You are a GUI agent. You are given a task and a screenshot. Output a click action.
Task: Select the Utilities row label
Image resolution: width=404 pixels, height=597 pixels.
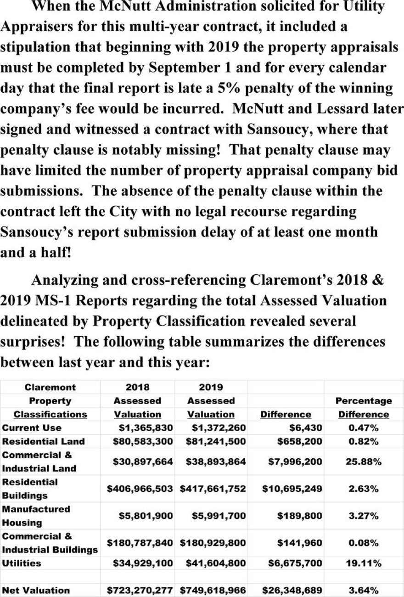[22, 563]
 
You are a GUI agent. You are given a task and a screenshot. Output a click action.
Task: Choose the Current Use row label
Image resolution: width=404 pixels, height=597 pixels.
[32, 428]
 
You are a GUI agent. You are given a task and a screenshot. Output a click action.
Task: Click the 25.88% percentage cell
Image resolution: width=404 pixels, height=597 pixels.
[364, 462]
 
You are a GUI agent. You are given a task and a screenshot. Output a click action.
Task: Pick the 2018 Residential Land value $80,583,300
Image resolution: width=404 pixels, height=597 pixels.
[143, 441]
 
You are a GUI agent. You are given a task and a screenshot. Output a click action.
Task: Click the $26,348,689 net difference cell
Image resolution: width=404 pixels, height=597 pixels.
[292, 590]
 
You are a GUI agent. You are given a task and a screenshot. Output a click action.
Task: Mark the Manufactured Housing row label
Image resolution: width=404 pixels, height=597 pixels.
[36, 516]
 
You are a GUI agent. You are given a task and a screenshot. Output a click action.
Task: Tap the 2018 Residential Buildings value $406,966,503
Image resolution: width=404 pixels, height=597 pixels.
[140, 489]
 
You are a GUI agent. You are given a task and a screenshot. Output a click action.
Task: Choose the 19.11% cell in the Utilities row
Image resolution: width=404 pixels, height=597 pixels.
[364, 563]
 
